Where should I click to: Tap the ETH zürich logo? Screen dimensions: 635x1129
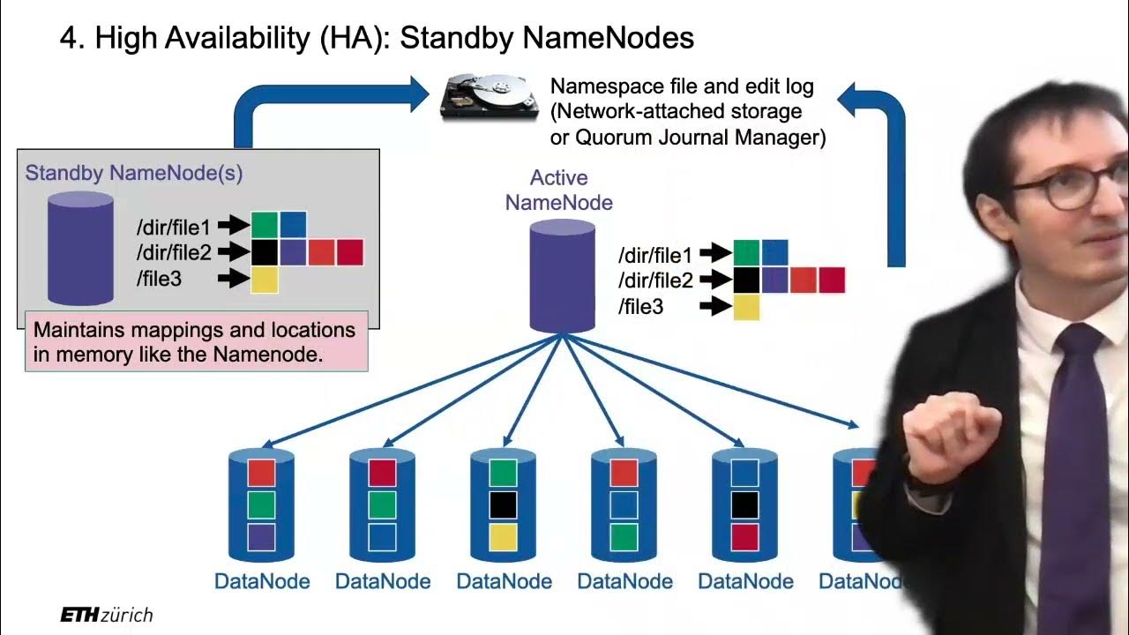pos(106,615)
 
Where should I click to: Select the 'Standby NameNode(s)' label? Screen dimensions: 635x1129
pos(134,173)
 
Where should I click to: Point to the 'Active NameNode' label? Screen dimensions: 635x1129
pos(558,190)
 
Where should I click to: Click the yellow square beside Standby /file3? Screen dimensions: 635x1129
pos(265,280)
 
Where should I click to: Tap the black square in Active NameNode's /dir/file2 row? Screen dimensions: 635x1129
pos(746,280)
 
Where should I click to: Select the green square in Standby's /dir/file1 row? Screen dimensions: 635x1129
pos(265,224)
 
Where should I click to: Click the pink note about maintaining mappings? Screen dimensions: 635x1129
pos(195,342)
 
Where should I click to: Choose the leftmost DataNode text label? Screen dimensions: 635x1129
pos(262,582)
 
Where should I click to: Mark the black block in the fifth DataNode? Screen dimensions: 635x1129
pos(744,504)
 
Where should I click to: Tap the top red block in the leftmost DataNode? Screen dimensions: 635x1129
pos(262,473)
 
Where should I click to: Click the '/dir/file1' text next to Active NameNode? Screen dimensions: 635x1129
pos(656,255)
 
